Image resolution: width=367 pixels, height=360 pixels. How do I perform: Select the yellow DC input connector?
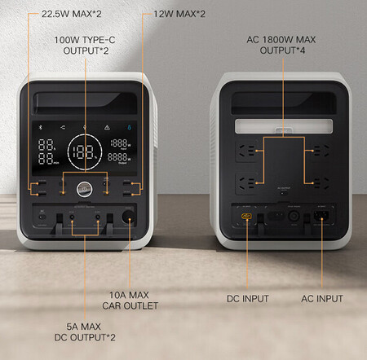tap(246, 217)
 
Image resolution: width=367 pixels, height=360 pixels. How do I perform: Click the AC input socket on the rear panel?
tap(319, 217)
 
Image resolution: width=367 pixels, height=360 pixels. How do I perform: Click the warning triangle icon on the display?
tap(106, 128)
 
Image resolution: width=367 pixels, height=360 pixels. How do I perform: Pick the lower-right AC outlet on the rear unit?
tap(311, 180)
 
